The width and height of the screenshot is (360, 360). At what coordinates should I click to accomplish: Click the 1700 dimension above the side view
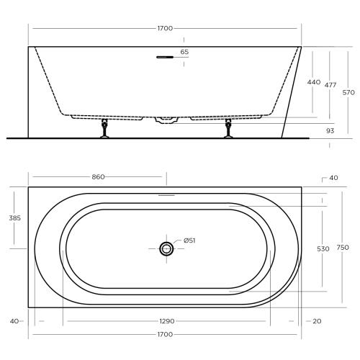(164, 28)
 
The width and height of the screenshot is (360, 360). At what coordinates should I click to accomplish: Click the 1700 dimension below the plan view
(164, 335)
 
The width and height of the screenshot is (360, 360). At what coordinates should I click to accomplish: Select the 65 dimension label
(185, 52)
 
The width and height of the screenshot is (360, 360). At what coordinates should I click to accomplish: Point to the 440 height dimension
(313, 82)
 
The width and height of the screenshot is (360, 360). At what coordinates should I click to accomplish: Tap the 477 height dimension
(330, 84)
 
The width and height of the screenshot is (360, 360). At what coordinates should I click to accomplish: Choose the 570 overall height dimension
(348, 92)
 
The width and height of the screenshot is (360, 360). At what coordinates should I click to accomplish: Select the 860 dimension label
(99, 176)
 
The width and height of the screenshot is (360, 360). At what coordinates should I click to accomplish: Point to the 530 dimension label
(323, 248)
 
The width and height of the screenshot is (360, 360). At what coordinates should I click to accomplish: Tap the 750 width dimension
(343, 248)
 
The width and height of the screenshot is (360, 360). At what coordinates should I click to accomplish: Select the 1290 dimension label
(166, 321)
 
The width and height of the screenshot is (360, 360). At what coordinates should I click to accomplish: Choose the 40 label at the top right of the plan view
(333, 177)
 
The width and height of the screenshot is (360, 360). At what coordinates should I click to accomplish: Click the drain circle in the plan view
(166, 248)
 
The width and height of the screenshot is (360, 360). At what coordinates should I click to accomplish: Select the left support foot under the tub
(105, 129)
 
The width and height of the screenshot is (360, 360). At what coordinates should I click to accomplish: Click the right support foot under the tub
(229, 129)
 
